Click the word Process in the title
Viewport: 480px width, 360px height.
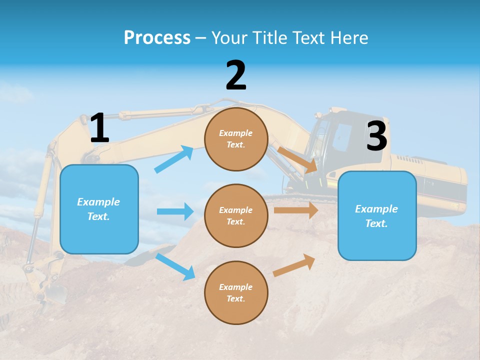(157, 37)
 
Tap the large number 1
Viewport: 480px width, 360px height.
(99, 128)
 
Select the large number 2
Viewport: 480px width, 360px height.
(236, 75)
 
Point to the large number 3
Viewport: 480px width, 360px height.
(376, 136)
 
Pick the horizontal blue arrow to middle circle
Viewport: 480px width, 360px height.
(175, 211)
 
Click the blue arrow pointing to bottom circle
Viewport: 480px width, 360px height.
(175, 266)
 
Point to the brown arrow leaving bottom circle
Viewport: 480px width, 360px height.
(294, 265)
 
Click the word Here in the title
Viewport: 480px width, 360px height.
(349, 37)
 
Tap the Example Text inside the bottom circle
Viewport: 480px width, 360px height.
(236, 293)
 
